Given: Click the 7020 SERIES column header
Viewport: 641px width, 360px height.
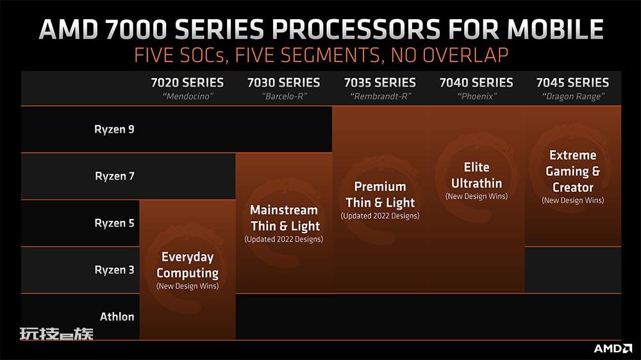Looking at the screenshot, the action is coord(187,83).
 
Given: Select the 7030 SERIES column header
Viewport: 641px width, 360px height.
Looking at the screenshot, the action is coord(284,83).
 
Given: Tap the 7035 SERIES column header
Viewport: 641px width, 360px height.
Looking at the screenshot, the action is coord(379,83).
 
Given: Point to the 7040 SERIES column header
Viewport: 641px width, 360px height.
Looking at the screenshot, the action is coord(476,83).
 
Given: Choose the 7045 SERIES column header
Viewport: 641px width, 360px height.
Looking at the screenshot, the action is coord(572,83).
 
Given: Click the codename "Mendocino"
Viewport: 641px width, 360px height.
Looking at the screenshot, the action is coord(188,97).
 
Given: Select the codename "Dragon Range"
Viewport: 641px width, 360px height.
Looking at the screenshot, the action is coord(573,97).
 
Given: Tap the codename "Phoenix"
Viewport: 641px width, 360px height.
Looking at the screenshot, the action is coord(477,97).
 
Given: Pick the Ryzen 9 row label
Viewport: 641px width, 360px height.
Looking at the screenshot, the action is coord(114,129).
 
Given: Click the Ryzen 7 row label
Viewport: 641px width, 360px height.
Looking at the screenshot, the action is coord(115,176).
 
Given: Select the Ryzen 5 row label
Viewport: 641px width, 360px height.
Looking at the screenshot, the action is coord(114,223).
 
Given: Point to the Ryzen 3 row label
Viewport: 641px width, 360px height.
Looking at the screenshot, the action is coord(114,270).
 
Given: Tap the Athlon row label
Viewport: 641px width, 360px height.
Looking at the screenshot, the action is coord(117,316).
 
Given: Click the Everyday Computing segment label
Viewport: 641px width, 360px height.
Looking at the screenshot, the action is coord(188,265).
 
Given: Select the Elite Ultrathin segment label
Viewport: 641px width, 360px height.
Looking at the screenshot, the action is coord(477,175).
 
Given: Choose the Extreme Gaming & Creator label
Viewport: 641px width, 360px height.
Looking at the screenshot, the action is coord(572,171).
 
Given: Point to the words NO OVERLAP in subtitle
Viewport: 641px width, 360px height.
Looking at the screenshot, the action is coord(449,55).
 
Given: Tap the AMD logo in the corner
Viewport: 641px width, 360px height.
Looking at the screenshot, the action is coord(613,348).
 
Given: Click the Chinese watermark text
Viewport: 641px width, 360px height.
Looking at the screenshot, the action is coord(56,334).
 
